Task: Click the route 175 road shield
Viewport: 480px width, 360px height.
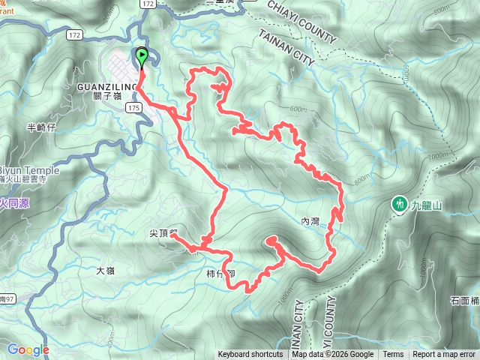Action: point(133,109)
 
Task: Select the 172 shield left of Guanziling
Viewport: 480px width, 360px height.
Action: point(73,35)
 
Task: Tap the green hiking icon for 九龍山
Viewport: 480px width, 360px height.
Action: point(400,203)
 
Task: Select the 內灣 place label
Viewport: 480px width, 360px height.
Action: point(309,221)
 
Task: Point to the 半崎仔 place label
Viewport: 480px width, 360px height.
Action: point(40,127)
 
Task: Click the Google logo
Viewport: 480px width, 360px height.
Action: point(28,349)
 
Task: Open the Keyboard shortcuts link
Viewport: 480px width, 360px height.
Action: point(250,355)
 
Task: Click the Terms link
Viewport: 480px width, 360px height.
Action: point(393,355)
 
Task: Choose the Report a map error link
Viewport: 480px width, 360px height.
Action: point(445,355)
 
